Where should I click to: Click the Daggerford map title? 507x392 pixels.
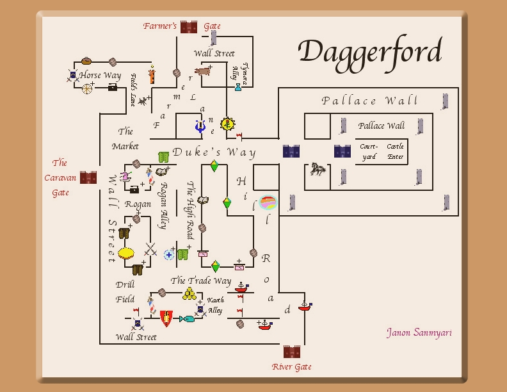point(369,52)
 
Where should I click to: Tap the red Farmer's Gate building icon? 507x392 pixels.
point(189,27)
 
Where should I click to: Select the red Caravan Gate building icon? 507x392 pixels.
point(88,177)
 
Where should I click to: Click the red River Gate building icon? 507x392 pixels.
point(292,352)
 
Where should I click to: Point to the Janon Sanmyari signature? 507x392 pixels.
point(419,332)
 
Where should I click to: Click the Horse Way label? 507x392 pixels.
point(100,76)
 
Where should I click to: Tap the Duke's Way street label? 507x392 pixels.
point(214,152)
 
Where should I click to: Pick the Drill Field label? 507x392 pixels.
point(125,291)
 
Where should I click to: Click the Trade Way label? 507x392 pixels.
point(201,281)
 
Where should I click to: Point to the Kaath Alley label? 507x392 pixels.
point(215,305)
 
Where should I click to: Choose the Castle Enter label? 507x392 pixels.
point(395,151)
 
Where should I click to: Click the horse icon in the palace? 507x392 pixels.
point(318,169)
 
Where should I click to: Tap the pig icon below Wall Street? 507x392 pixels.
point(203,71)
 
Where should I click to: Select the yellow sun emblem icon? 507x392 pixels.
point(227,124)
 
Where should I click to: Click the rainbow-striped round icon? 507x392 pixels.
point(268,203)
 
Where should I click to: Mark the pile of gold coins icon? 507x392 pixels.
point(189,294)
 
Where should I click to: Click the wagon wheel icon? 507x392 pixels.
point(87,88)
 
